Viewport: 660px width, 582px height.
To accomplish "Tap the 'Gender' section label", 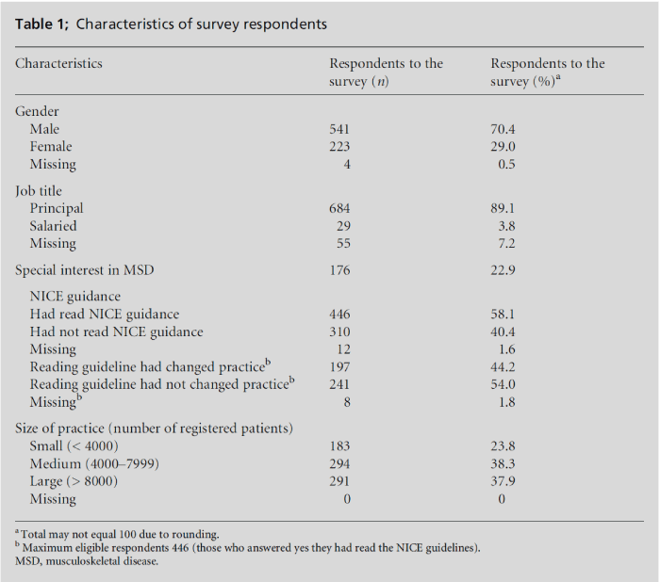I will point(37,111).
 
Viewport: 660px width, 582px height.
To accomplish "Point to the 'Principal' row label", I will point(57,208).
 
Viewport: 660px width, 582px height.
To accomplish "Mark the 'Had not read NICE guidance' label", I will point(116,331).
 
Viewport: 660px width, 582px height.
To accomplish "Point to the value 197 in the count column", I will point(339,366).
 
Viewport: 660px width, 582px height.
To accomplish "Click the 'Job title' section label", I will point(39,191).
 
